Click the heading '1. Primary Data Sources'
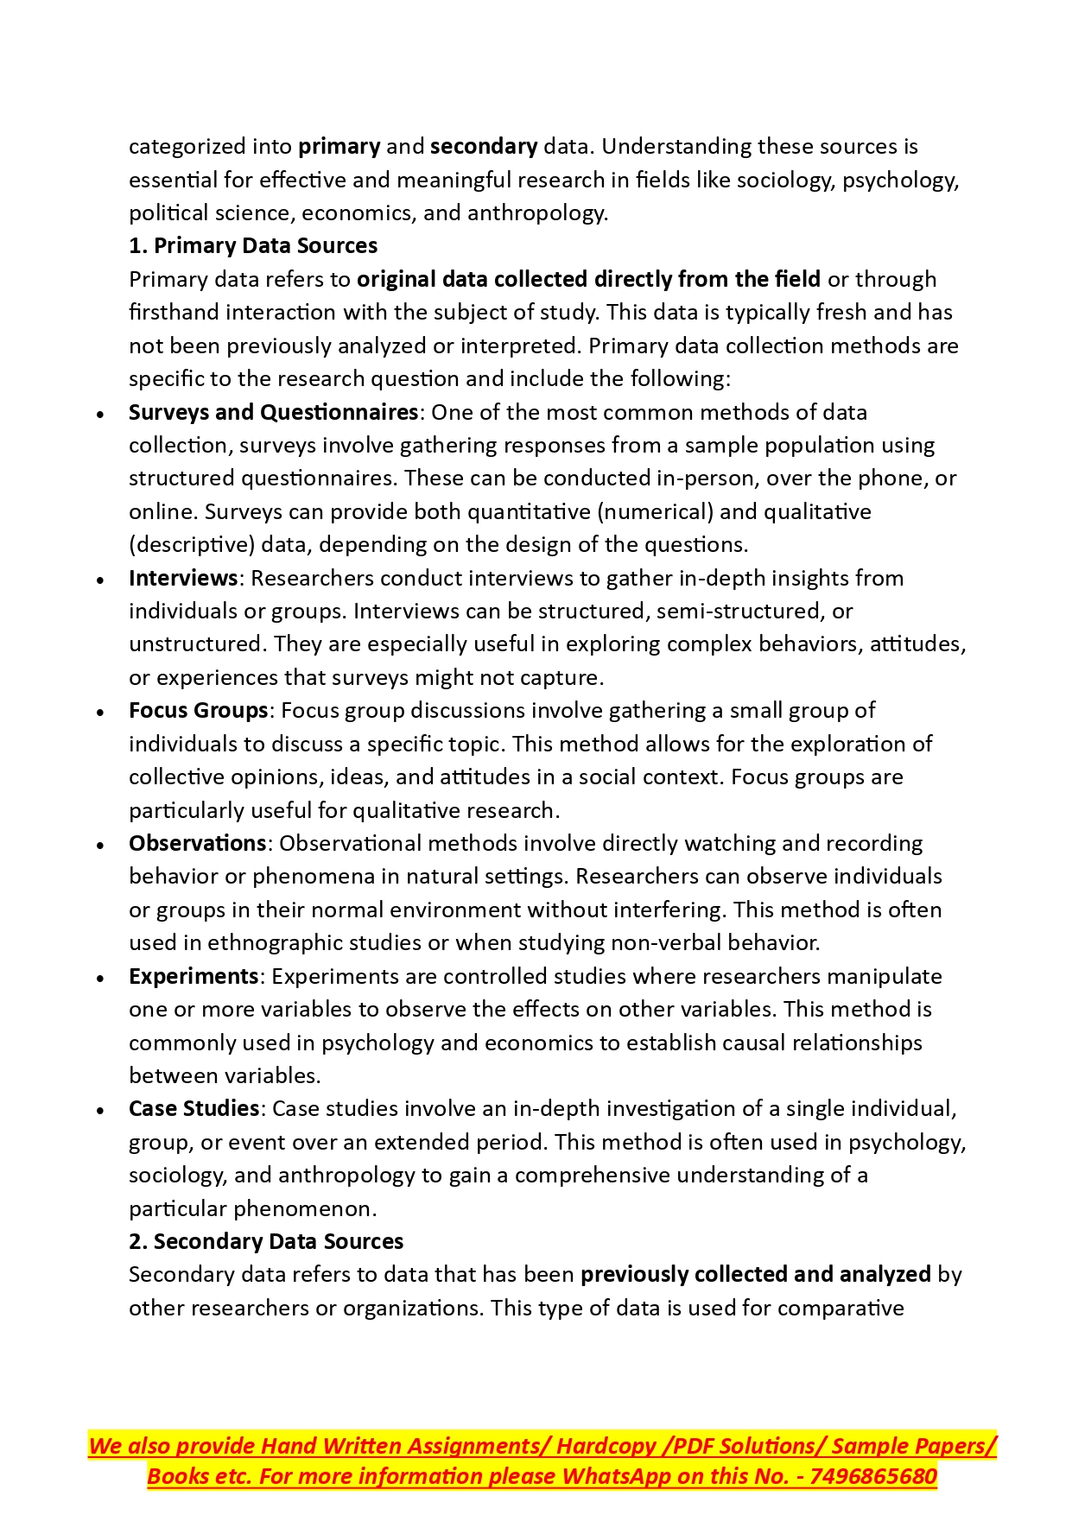tap(252, 246)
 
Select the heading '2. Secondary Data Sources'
tap(265, 1241)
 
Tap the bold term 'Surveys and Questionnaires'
tap(273, 412)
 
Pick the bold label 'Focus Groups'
tap(198, 710)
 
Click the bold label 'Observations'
tap(197, 843)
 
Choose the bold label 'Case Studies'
tap(193, 1108)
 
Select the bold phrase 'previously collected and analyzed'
tap(755, 1275)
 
